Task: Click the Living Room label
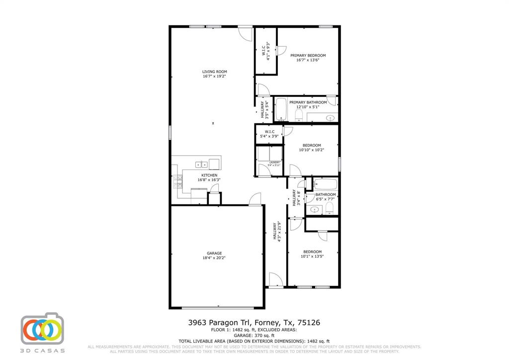(x=214, y=72)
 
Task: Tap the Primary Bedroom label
(x=308, y=55)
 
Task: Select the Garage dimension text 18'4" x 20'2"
(x=214, y=258)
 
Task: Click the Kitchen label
(x=209, y=176)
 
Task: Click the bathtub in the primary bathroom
(x=281, y=110)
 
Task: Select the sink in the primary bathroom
(x=330, y=118)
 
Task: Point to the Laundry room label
(x=275, y=163)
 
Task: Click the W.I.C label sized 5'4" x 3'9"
(x=269, y=132)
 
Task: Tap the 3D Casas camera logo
(x=43, y=329)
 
